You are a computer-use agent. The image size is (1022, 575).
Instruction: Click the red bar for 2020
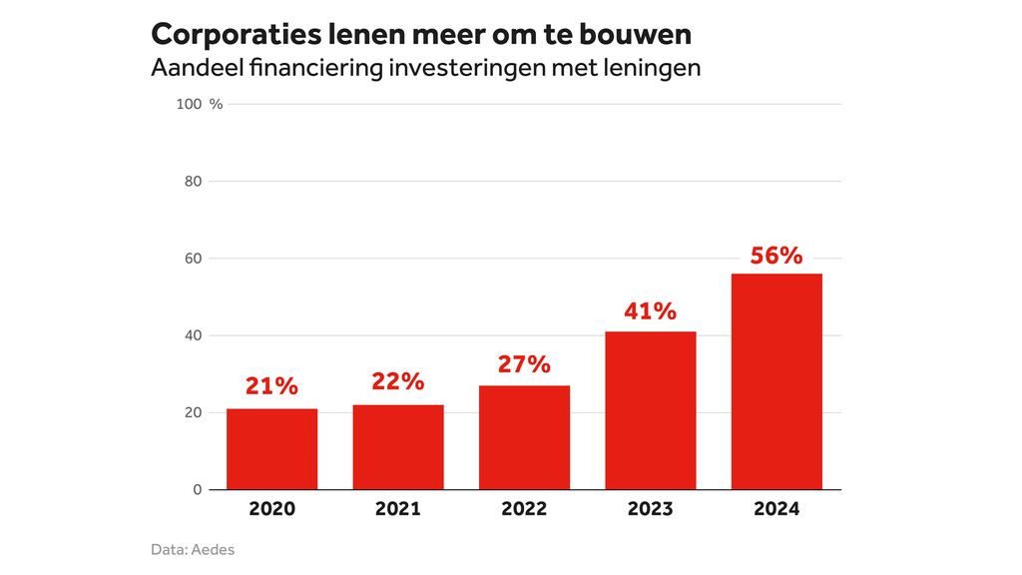coord(271,449)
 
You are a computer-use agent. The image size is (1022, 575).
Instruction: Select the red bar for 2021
coord(398,447)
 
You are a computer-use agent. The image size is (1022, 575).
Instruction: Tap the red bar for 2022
coord(524,437)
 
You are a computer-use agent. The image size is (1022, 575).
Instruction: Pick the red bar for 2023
coord(651,410)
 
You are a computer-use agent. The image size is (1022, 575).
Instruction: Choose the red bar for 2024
coord(776,381)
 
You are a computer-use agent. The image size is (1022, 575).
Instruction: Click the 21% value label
coord(271,386)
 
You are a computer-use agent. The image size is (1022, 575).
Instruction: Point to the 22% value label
coord(398,381)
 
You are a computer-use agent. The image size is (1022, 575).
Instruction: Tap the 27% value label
coord(524,364)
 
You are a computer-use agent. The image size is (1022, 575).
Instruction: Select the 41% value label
coord(651,311)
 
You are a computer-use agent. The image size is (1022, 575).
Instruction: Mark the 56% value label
coord(776,256)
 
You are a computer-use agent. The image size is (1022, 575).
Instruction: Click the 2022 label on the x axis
coord(524,509)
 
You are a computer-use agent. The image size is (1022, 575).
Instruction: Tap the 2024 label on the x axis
coord(776,509)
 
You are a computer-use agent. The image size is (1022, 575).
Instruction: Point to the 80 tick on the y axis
coord(193,182)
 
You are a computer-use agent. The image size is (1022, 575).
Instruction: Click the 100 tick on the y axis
coord(189,104)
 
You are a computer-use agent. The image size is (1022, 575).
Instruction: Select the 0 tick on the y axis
coord(198,490)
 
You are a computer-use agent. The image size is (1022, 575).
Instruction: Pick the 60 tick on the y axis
coord(193,259)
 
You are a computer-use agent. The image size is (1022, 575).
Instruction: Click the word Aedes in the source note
coord(215,550)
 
